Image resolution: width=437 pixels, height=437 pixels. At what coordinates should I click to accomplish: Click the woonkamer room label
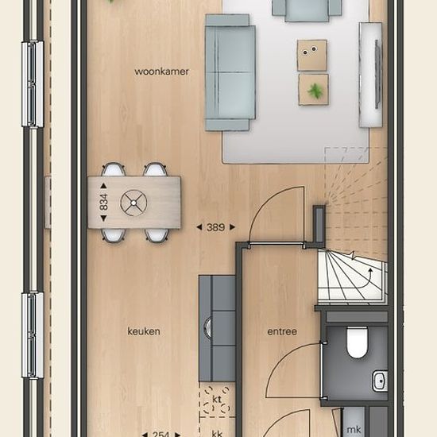161,72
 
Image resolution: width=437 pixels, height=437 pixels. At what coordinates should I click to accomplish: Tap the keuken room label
144,331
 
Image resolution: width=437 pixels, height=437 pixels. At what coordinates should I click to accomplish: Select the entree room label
282,331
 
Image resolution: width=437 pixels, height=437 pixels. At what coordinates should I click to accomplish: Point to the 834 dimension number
103,202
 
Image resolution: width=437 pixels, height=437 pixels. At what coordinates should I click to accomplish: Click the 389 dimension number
215,227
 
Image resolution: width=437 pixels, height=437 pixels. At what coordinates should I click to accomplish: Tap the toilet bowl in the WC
357,342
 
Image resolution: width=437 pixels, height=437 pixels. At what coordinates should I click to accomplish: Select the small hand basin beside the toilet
380,381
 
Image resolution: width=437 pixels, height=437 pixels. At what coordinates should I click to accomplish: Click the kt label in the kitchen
217,399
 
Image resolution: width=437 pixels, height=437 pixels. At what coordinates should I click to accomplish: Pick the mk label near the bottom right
354,430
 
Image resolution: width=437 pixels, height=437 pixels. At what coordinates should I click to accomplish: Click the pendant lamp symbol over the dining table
133,203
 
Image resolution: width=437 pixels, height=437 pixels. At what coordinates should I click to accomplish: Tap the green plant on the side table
315,91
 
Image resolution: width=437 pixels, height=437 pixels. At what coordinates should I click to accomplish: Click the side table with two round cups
312,55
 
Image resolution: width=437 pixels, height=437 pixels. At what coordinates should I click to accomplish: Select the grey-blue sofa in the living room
230,72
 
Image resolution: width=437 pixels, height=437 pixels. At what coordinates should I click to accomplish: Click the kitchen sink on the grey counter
208,327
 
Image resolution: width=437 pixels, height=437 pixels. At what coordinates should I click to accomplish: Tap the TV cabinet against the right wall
370,75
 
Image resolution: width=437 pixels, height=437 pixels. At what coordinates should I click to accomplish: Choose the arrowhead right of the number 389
232,227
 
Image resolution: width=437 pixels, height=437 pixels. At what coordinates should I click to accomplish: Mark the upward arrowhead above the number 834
103,186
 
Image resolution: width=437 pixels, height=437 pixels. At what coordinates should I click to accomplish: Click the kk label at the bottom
217,433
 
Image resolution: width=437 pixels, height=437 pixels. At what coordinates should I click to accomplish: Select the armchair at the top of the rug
307,10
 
